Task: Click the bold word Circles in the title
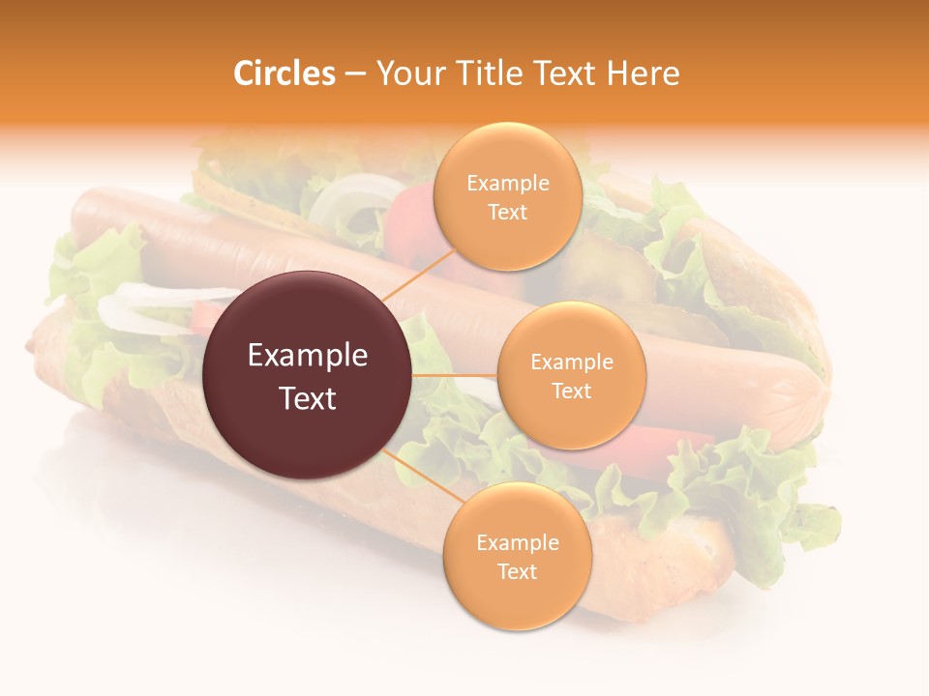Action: pyautogui.click(x=284, y=73)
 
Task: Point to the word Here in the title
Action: pyautogui.click(x=644, y=73)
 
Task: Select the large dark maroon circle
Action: pyautogui.click(x=308, y=375)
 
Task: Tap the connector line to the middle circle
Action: pyautogui.click(x=455, y=375)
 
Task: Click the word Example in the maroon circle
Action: pyautogui.click(x=308, y=356)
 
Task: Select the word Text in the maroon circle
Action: pyautogui.click(x=308, y=398)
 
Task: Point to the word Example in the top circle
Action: pyautogui.click(x=507, y=184)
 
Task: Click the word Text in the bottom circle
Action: pyautogui.click(x=517, y=572)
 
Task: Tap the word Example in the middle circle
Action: pyautogui.click(x=572, y=362)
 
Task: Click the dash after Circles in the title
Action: pyautogui.click(x=355, y=73)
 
